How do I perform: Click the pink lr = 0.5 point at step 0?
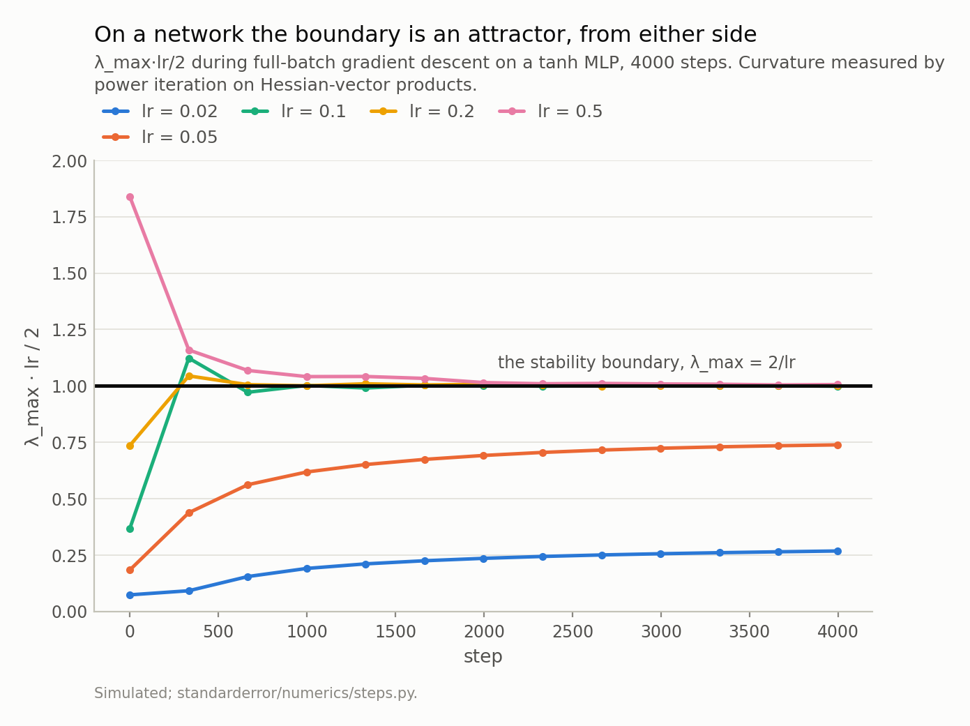pos(130,197)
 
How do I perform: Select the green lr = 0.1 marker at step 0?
pos(130,529)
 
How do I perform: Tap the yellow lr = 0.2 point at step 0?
pos(130,446)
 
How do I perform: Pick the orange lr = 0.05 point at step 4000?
pos(838,445)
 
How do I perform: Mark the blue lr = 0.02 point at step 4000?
pos(838,551)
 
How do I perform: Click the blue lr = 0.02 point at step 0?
pos(130,595)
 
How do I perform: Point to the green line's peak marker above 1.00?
pos(189,358)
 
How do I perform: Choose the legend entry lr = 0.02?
pos(160,112)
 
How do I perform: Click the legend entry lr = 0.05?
pos(160,137)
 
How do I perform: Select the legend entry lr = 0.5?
pos(550,112)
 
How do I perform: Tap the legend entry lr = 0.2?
pos(422,112)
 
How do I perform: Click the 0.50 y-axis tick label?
pos(69,499)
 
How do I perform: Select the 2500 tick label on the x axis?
pos(573,631)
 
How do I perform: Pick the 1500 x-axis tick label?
pos(395,631)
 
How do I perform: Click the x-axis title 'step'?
pos(483,657)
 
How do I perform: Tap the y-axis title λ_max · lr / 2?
pos(32,387)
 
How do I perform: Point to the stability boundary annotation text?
pos(646,363)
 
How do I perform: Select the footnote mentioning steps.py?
pos(256,693)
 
